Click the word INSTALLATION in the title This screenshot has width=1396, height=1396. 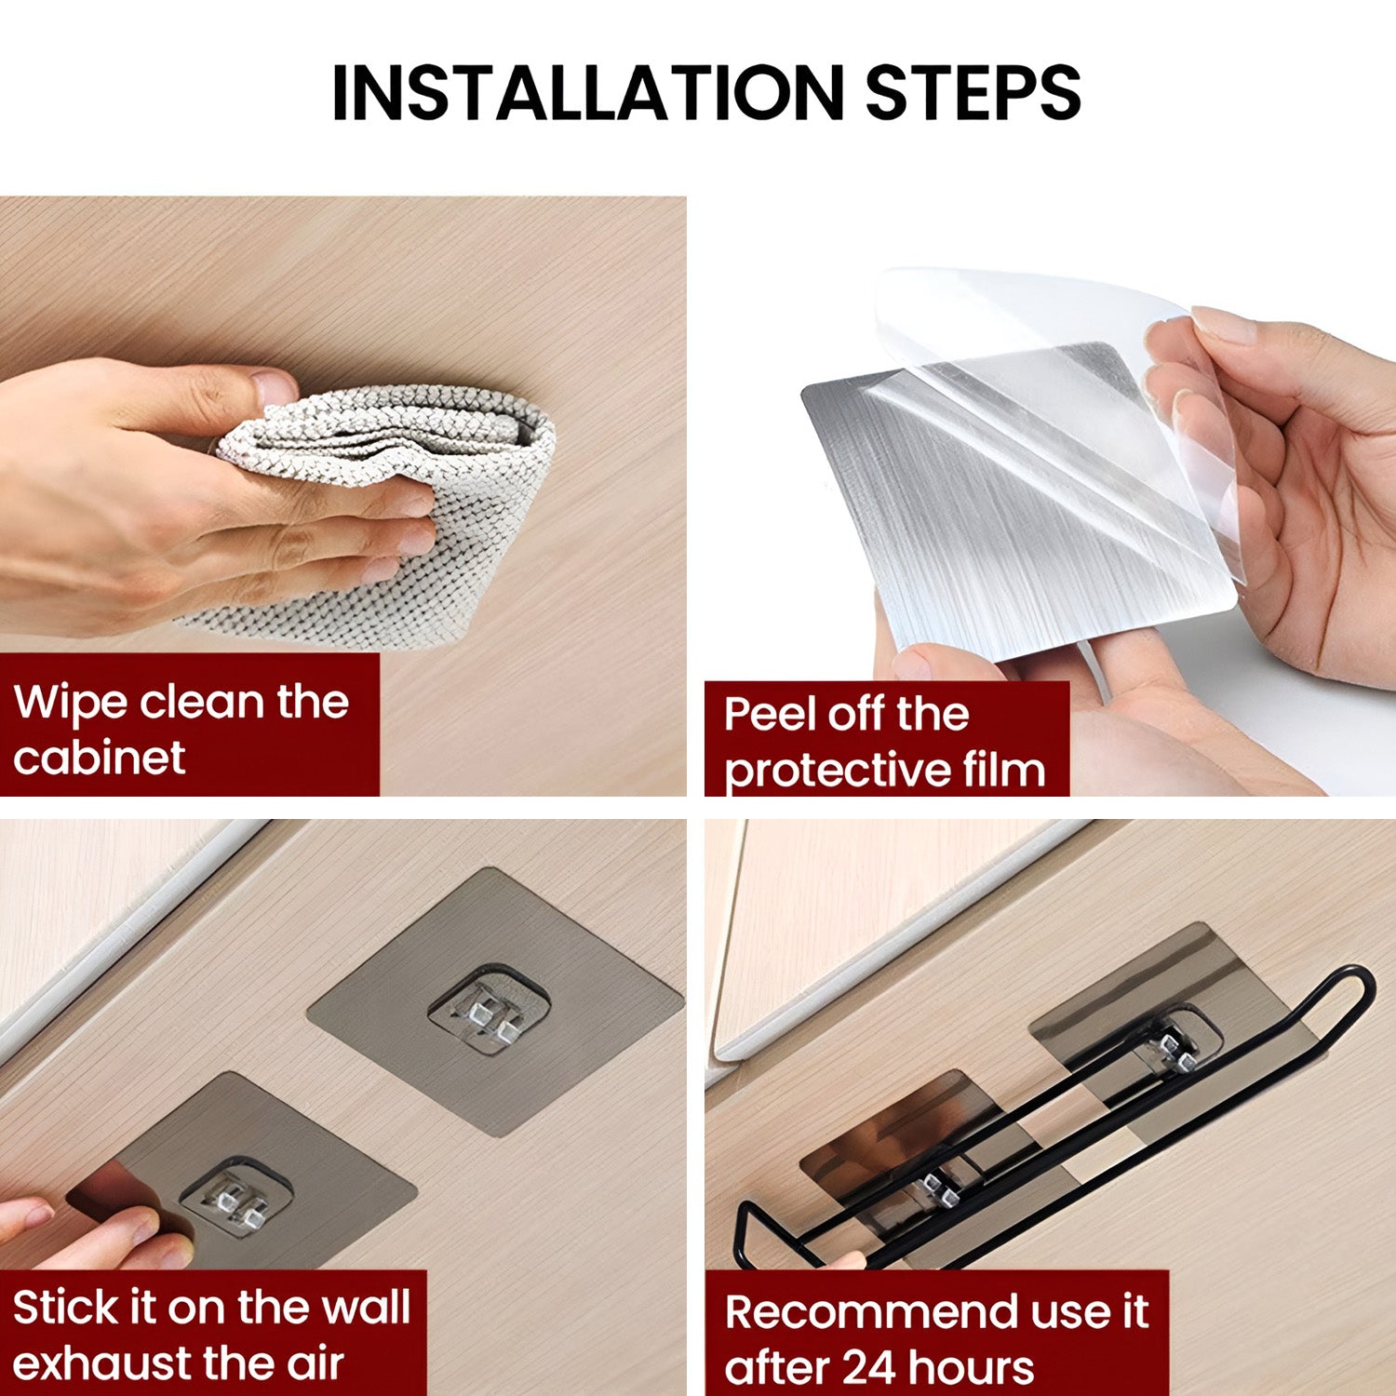click(x=586, y=93)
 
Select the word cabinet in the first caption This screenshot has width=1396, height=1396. click(x=100, y=758)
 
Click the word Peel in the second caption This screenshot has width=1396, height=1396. click(x=769, y=715)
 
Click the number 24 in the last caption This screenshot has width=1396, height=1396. click(x=868, y=1368)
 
